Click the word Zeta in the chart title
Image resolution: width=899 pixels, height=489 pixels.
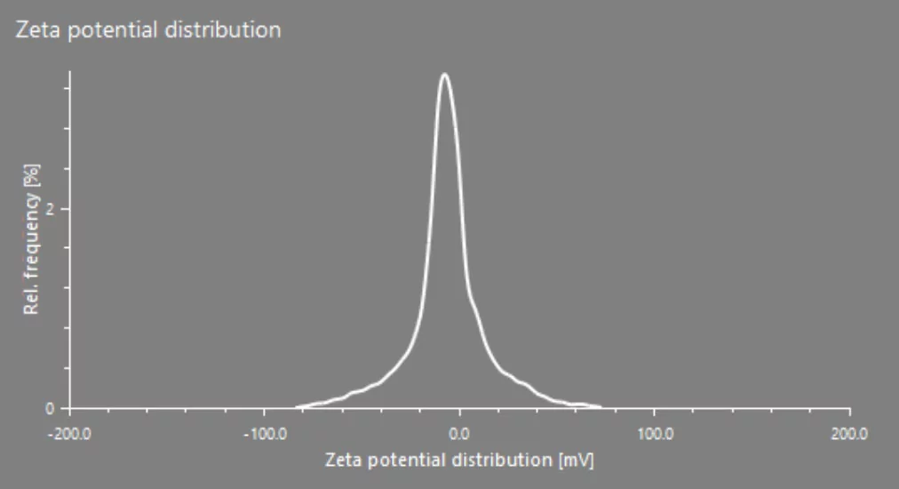pos(39,30)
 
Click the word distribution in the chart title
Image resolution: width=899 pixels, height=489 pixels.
pos(223,30)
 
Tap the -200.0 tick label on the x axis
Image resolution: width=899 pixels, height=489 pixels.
pos(69,434)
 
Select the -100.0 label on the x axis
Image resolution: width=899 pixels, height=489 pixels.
pos(265,434)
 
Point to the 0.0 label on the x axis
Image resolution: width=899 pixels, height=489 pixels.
pos(459,434)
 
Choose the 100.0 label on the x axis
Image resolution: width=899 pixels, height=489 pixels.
pos(656,434)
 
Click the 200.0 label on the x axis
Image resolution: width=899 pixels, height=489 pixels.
pos(849,434)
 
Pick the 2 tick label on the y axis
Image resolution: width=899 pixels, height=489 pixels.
pos(50,210)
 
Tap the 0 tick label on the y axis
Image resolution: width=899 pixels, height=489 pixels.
pos(50,409)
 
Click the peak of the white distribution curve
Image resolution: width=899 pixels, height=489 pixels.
pos(444,74)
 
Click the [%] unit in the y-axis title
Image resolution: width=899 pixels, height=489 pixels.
pos(31,175)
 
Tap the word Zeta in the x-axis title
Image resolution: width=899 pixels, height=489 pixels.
pos(344,460)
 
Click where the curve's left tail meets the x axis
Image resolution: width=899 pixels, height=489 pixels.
pos(297,407)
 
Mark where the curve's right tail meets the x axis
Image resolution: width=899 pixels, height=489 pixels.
pos(601,407)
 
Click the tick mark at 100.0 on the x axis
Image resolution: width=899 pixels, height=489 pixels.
pos(654,412)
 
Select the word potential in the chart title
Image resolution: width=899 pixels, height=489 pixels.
pos(114,31)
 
